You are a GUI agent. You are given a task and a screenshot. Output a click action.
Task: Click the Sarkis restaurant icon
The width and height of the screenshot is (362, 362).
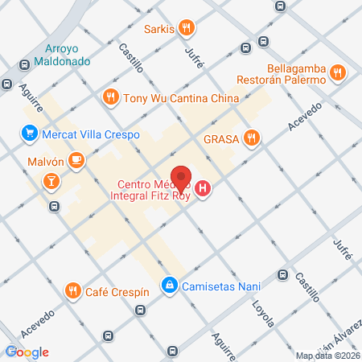187,30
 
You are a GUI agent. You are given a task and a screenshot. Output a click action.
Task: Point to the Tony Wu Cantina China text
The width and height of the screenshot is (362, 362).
181,98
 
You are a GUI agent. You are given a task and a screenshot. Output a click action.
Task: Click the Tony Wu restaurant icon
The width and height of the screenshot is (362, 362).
111,98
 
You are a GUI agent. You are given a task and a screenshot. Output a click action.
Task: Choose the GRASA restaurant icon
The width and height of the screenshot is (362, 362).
252,138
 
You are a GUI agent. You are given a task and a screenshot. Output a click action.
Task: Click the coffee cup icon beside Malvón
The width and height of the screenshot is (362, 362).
76,160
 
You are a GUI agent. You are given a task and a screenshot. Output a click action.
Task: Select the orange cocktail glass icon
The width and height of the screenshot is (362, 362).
51,181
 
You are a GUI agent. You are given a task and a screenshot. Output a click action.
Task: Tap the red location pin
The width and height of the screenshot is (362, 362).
183,178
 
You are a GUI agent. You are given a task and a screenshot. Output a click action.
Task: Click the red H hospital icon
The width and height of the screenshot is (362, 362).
204,190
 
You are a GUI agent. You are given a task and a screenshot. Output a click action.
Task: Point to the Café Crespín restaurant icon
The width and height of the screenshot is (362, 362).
72,290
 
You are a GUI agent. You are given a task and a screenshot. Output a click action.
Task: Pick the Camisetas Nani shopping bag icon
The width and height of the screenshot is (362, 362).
170,285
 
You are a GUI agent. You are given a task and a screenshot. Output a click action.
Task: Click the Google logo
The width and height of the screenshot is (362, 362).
28,352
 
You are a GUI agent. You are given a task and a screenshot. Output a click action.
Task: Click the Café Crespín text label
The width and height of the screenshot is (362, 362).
118,290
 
